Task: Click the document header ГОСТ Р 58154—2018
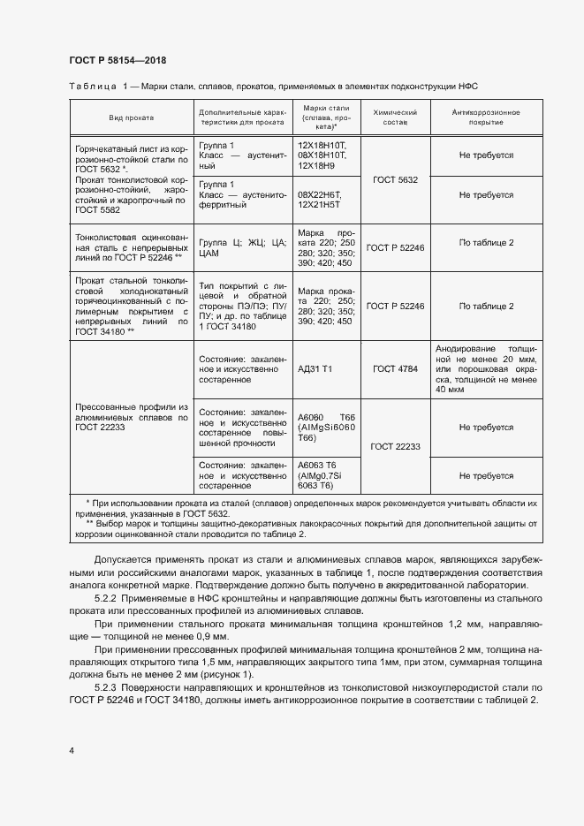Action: point(117,60)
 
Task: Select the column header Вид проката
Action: point(131,117)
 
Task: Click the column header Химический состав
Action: point(395,117)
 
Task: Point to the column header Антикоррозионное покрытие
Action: point(485,117)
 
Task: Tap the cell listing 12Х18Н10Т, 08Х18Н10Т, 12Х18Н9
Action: point(323,155)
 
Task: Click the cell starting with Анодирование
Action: point(486,368)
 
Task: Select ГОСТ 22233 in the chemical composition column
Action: point(395,447)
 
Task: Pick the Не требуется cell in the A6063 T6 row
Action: point(486,476)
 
